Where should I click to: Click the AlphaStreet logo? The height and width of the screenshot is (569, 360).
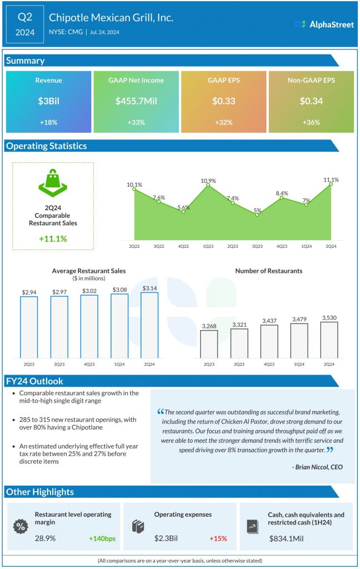tap(324, 24)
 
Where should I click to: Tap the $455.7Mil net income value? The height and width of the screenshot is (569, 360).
tap(136, 101)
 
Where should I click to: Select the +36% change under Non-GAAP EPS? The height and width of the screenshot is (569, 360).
tap(311, 122)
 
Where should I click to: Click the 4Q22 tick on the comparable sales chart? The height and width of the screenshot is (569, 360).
tap(183, 244)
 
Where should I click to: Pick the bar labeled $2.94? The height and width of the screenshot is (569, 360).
tap(29, 327)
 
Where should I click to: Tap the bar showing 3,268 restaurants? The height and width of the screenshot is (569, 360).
tap(209, 344)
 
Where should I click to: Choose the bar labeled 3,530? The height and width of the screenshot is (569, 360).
tap(329, 340)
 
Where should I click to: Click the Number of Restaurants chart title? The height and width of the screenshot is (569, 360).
tap(269, 271)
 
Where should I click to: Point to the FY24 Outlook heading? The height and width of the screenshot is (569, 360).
tap(34, 381)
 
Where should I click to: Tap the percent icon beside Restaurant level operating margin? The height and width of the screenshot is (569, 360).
tap(21, 526)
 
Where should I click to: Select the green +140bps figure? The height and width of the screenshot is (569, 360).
tap(102, 538)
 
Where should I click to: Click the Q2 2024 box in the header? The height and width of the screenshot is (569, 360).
tap(24, 24)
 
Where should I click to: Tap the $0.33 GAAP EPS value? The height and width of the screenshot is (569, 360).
tap(224, 101)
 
